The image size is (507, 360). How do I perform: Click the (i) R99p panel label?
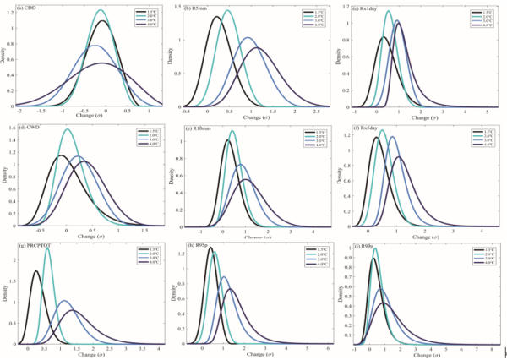tap(364, 246)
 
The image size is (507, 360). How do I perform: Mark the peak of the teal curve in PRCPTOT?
tap(47, 248)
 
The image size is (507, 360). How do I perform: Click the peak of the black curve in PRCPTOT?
tap(35, 271)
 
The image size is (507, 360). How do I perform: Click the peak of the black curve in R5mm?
tap(217, 17)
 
